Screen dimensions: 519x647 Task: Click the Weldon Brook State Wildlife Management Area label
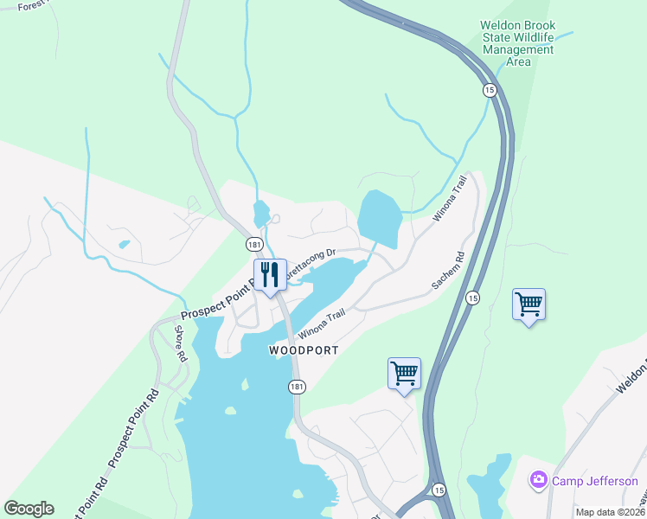[x=518, y=44]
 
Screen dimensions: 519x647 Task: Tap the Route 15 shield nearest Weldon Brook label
[x=490, y=91]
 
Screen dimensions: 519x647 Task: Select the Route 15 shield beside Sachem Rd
[x=472, y=298]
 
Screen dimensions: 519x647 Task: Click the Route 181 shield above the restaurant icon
[x=253, y=245]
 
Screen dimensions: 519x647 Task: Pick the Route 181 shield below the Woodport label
[x=297, y=387]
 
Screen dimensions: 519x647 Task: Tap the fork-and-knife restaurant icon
[x=270, y=275]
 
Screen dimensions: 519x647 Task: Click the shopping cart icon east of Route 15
[x=528, y=304]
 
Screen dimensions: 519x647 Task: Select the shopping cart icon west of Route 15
[x=404, y=374]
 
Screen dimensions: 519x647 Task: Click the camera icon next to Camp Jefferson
[x=539, y=479]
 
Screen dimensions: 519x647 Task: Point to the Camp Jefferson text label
[x=595, y=481]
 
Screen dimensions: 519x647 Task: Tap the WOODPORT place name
[x=303, y=350]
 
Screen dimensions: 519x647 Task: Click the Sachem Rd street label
[x=449, y=271]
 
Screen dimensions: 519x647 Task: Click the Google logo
[x=29, y=509]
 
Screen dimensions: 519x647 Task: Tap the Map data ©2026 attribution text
[x=610, y=512]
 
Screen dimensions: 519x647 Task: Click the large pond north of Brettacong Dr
[x=378, y=217]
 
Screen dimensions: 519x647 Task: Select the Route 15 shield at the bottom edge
[x=439, y=490]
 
